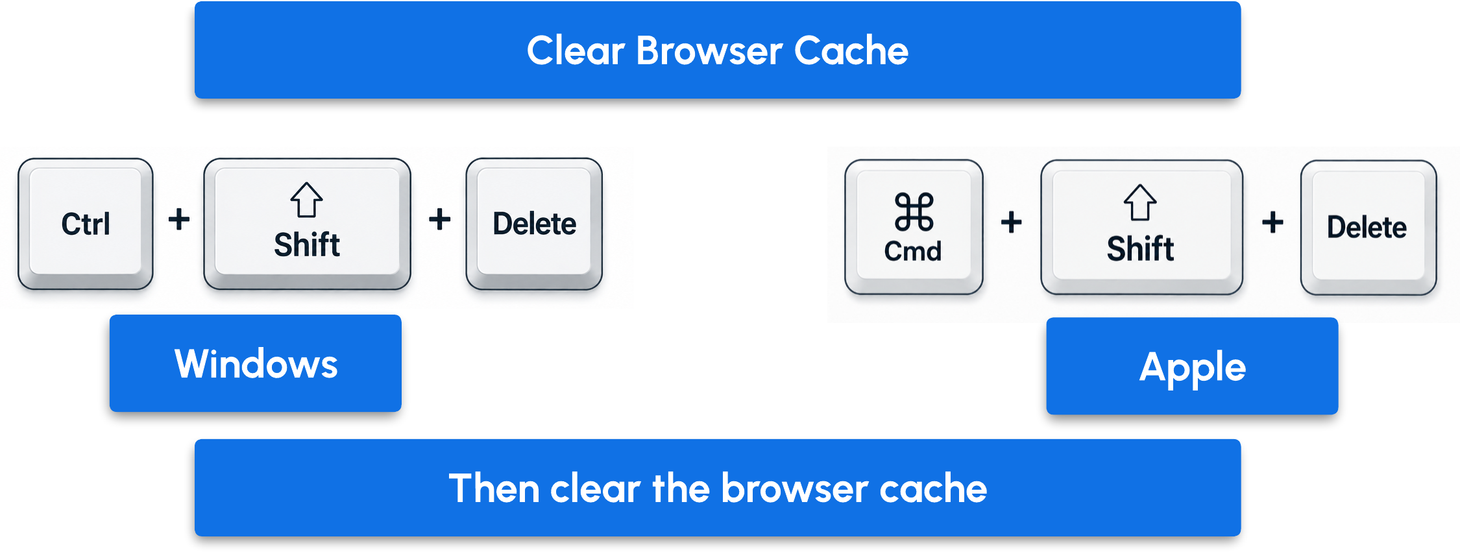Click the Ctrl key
(86, 224)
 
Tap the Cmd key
(914, 227)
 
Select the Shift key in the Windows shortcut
(307, 224)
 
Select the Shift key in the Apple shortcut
(1141, 227)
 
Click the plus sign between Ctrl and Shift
(179, 219)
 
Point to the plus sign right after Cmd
(1011, 222)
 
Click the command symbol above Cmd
(914, 211)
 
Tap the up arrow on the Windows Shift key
(306, 200)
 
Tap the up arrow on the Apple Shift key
(1140, 203)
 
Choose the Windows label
(256, 363)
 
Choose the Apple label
(1192, 366)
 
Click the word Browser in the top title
(709, 51)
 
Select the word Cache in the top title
(851, 51)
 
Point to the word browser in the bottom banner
(794, 488)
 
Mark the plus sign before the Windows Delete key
(439, 219)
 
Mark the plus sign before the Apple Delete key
(1272, 222)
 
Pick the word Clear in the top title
(576, 51)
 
